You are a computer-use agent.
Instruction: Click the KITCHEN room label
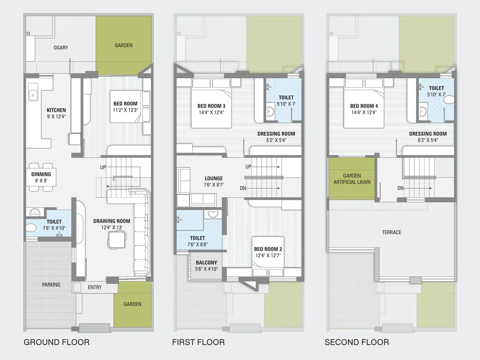pos(56,110)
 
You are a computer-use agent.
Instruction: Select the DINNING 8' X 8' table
pos(41,177)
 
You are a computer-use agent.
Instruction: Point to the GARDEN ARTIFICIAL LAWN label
pos(352,179)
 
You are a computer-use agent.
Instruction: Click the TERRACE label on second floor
pos(391,232)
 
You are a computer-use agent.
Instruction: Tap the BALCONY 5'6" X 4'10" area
pos(206,266)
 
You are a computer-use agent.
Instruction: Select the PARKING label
pos(51,285)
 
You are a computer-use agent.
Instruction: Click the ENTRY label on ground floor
pos(94,287)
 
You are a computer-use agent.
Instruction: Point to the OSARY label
pos(61,48)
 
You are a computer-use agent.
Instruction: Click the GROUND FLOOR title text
pos(56,342)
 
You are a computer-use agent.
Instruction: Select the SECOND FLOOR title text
pos(357,342)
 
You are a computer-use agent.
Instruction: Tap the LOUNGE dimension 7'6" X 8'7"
pos(214,185)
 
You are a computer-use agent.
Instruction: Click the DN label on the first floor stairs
pos(243,188)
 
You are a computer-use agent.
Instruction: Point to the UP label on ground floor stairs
pos(103,167)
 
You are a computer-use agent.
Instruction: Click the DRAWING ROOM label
pos(112,221)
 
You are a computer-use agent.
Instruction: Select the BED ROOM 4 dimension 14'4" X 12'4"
pos(364,112)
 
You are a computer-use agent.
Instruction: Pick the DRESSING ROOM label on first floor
pos(276,134)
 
